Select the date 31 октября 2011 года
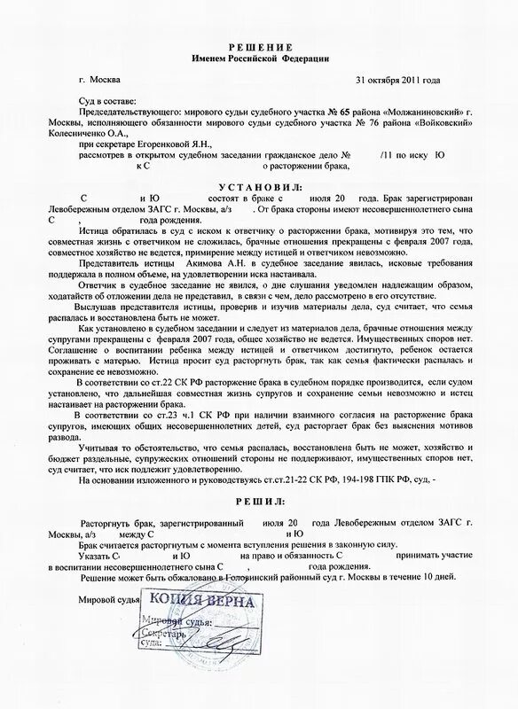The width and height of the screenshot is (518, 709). (396, 80)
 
